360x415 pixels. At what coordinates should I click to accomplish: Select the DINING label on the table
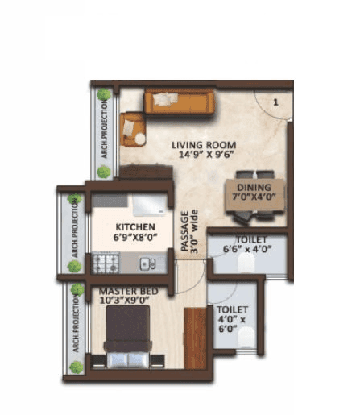click(254, 184)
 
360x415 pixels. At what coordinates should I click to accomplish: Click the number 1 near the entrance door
click(275, 102)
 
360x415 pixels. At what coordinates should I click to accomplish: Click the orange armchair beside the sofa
click(133, 129)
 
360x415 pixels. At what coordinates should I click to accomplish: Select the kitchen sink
click(147, 262)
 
